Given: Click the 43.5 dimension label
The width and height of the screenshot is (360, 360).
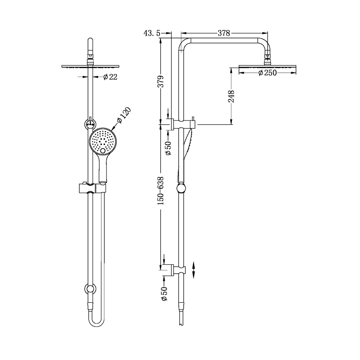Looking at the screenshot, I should pos(152,33).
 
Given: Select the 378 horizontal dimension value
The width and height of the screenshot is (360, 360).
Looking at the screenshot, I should pos(224,33).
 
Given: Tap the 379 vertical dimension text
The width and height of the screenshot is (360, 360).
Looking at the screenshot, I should pos(161,82).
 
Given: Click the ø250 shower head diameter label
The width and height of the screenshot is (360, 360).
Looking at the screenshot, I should pos(267,73).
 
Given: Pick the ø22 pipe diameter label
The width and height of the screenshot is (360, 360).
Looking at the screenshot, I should pos(110,77).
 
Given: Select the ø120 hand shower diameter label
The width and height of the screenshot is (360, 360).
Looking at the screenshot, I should pos(124,116).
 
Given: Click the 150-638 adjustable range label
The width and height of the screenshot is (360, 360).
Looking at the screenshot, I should pos(161,191).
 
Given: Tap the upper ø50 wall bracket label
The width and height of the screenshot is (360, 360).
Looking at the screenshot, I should pos(168,148).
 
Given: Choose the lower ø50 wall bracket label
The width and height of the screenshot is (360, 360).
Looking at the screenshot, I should pos(164,294).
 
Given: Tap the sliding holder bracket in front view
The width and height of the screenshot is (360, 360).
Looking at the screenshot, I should pos(92,188).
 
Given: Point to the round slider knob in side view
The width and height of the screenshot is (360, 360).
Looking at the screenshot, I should pos(181,189).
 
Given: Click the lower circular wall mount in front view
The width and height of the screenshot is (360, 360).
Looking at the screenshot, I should pos(90,288).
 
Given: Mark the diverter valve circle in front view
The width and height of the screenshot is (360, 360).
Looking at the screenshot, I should pos(90,124).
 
